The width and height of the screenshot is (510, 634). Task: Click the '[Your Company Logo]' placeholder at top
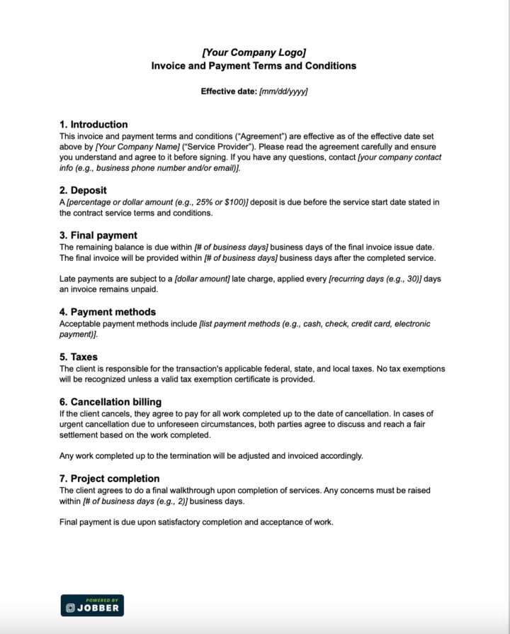click(x=254, y=52)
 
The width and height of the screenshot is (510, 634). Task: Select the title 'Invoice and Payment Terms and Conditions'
click(x=254, y=66)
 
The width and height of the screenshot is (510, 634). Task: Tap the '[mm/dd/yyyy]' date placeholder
click(x=283, y=91)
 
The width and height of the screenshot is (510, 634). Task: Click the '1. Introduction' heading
click(x=93, y=124)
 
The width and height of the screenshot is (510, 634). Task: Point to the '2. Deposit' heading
click(x=83, y=190)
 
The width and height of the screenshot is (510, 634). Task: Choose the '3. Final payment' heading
click(x=98, y=235)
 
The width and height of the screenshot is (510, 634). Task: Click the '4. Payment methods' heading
click(x=108, y=311)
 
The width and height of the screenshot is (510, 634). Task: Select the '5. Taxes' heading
click(x=79, y=357)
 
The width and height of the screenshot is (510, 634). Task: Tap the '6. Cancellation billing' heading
click(x=115, y=401)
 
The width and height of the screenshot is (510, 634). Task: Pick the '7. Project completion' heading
click(x=110, y=478)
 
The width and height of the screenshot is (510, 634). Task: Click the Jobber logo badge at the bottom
click(x=92, y=605)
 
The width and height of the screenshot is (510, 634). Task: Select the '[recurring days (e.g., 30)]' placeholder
click(x=375, y=279)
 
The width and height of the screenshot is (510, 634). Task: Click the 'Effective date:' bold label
click(x=229, y=91)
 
